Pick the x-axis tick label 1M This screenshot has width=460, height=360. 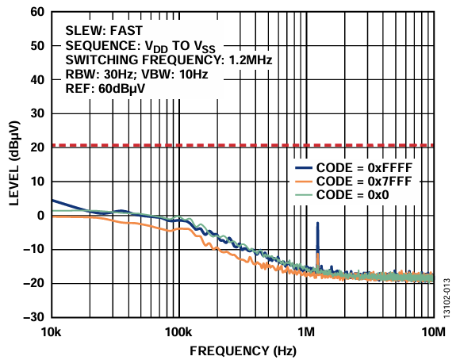click(306, 331)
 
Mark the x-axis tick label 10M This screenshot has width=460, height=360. click(433, 331)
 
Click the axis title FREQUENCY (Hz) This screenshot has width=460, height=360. click(242, 350)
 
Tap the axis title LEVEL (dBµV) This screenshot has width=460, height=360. click(14, 164)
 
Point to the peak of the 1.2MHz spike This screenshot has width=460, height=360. click(318, 224)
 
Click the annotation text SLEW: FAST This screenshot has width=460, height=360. click(97, 29)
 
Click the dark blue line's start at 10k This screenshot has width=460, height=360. click(52, 200)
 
